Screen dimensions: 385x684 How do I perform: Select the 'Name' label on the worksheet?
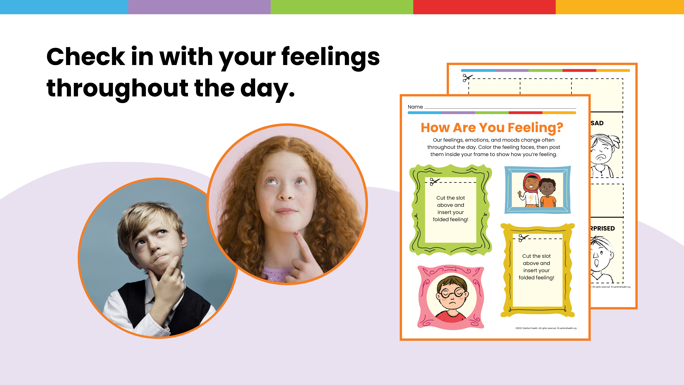click(x=415, y=107)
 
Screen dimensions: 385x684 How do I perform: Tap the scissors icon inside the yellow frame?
click(x=523, y=238)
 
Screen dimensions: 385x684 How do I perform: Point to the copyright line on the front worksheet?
click(x=546, y=328)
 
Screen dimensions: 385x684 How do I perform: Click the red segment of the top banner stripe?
click(x=484, y=7)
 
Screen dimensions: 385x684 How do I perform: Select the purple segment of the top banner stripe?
click(x=199, y=7)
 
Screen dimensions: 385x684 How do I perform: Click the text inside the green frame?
click(x=450, y=209)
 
